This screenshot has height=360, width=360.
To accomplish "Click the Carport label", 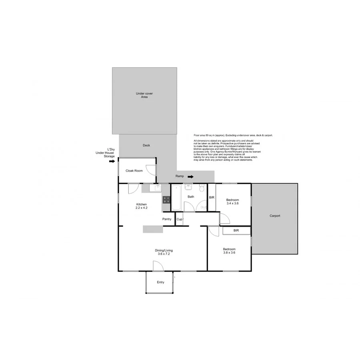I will (275, 216).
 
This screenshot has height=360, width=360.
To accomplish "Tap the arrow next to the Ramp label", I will (190, 176).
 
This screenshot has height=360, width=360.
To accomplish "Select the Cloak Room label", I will (134, 171).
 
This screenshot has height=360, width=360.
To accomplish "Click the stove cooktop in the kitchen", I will (166, 200).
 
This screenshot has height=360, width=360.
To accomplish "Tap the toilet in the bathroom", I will (202, 188).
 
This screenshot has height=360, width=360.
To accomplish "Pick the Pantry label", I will (167, 219).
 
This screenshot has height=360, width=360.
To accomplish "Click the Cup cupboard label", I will (180, 219).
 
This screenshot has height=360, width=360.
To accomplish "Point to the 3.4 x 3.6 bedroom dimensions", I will (232, 204).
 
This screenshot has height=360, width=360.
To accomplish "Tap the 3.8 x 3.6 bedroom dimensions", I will (229, 253).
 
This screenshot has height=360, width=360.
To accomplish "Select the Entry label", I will (160, 282).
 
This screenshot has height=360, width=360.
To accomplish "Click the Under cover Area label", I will (144, 95).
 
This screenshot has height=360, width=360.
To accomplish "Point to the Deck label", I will (146, 145).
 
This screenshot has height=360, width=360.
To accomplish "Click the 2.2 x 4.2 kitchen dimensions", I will (142, 208).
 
